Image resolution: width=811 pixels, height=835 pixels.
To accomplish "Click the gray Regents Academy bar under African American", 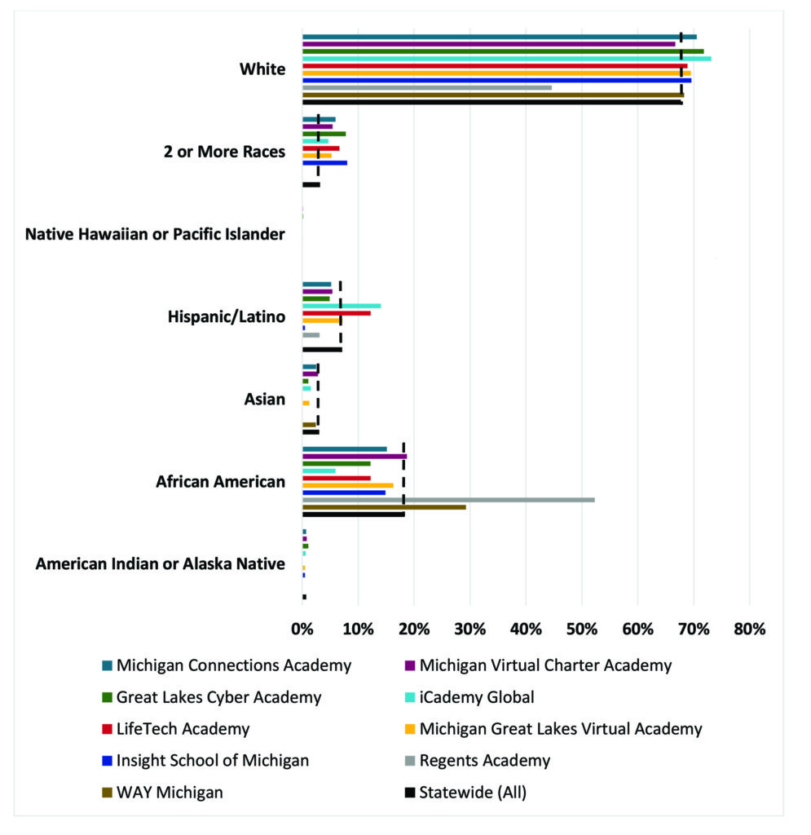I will tap(448, 499).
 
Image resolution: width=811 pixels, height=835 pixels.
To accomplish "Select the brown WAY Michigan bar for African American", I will tap(384, 506).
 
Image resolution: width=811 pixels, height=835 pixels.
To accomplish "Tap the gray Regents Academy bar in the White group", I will tap(427, 87).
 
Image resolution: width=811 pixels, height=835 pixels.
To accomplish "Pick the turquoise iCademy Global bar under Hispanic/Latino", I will tap(342, 306).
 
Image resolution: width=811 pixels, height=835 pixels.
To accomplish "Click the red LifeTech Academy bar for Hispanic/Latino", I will tap(337, 313).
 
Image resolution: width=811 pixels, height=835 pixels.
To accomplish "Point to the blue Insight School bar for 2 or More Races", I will tap(324, 162).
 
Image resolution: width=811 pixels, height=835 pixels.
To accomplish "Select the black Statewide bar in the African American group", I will tap(354, 514).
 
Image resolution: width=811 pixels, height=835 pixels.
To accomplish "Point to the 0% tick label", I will tap(302, 629).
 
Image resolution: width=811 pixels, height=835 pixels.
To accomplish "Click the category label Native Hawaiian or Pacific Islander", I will tap(155, 235).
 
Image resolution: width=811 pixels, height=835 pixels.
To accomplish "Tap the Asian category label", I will tap(265, 399).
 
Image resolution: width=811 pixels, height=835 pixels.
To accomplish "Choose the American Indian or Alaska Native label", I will tap(161, 563).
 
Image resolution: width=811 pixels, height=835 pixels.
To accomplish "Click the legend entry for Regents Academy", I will tap(485, 761).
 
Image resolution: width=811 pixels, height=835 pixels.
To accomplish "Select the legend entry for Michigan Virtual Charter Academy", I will tap(545, 665).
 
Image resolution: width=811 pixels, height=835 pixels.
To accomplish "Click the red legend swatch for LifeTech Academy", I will tap(108, 729).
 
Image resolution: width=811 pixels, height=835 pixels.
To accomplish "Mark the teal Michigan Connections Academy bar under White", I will tap(499, 37).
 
